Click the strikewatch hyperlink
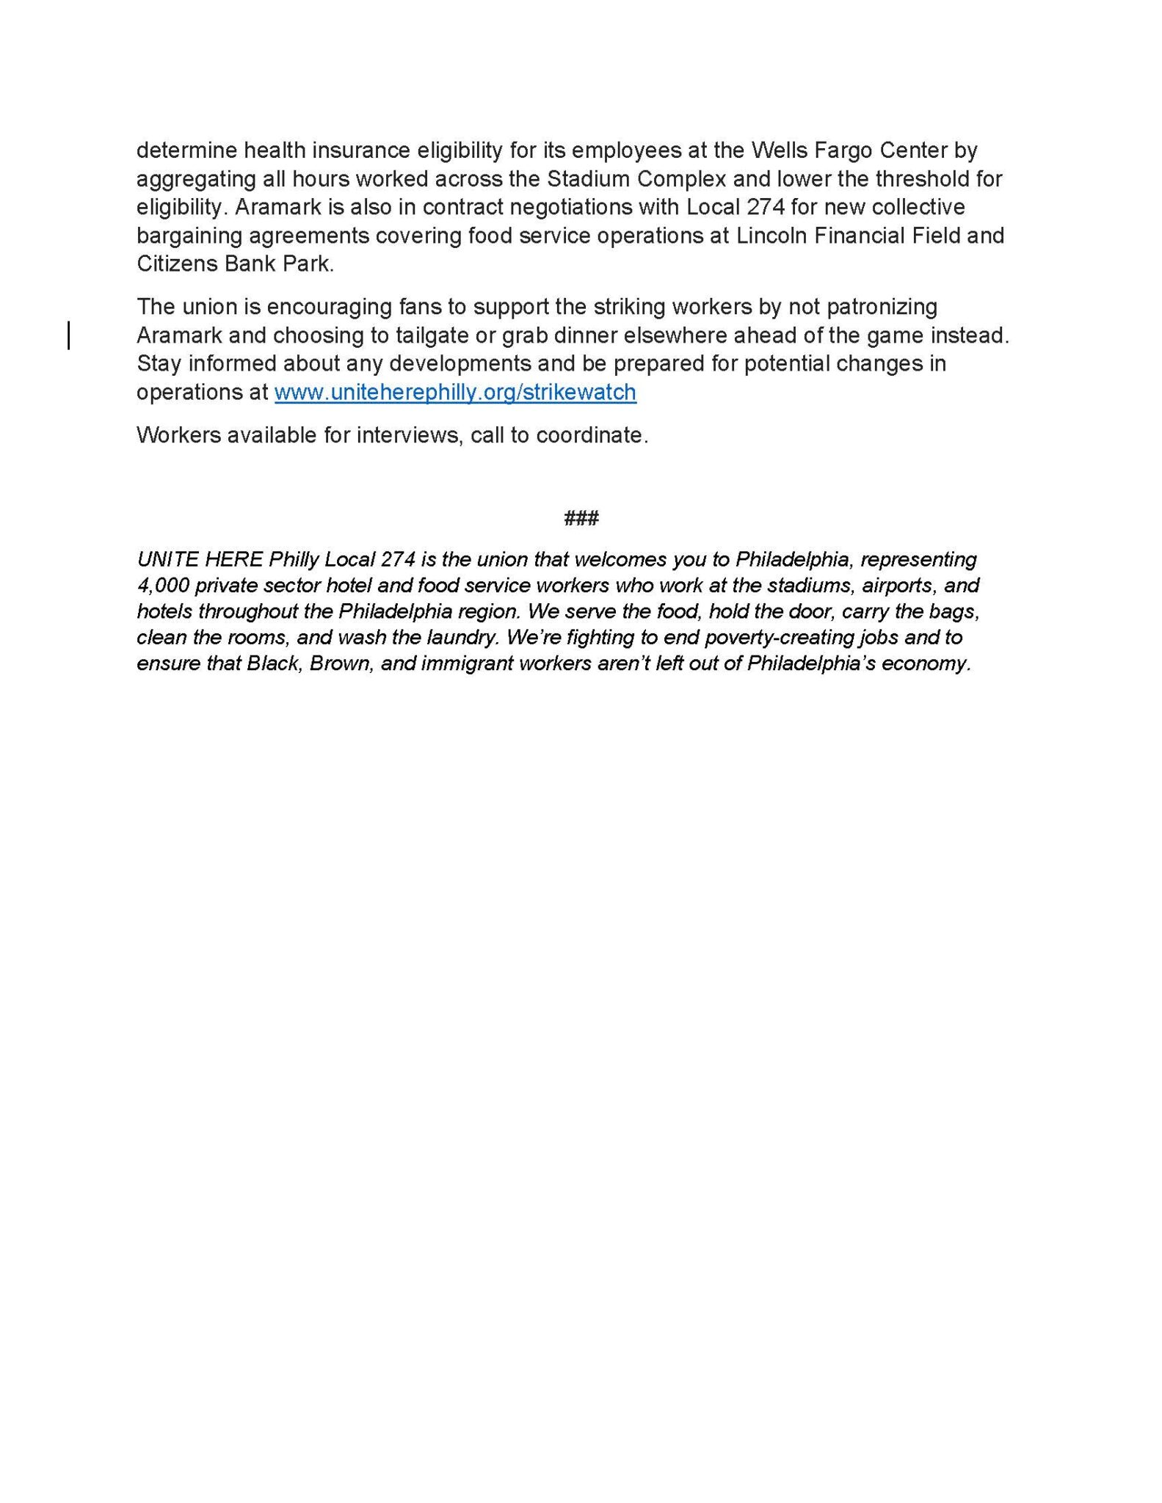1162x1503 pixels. click(455, 393)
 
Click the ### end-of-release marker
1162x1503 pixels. click(581, 519)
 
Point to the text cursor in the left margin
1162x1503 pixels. click(69, 335)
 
